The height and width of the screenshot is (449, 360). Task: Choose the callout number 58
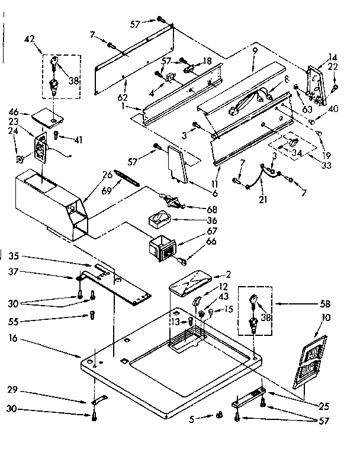324,304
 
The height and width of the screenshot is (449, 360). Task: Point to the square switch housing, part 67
163,247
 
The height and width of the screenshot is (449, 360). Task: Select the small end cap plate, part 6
176,163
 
